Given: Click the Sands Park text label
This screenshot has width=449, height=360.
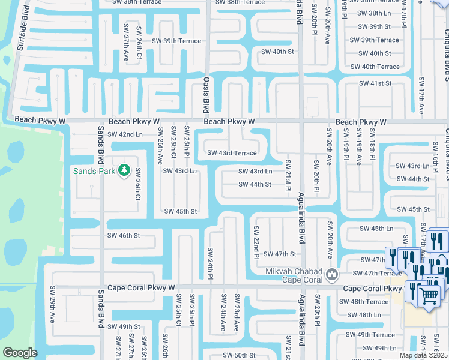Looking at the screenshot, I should [x=93, y=171].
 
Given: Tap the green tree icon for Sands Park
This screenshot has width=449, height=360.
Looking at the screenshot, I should [x=124, y=171].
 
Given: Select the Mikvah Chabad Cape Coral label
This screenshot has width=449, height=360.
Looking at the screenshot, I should [x=294, y=276].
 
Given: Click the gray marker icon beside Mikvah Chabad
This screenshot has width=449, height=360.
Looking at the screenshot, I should [x=331, y=275].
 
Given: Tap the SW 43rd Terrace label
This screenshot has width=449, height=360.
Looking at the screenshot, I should [x=232, y=153].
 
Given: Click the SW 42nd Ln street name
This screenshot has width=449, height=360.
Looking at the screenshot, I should [x=125, y=134].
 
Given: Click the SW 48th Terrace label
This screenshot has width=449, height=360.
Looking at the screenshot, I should [x=368, y=302].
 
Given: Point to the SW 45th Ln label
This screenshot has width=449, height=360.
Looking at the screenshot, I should [x=376, y=229].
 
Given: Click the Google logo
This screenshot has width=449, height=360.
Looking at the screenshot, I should [x=20, y=353].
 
